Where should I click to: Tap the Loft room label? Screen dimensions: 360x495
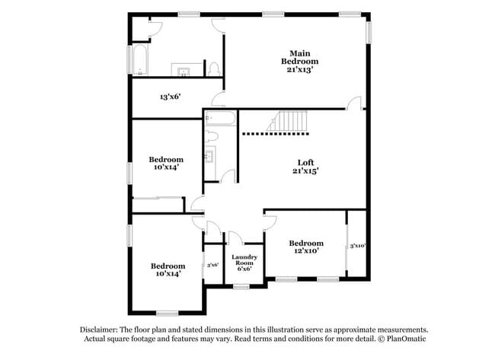click(305, 162)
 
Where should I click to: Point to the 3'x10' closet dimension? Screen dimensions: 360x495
click(358, 246)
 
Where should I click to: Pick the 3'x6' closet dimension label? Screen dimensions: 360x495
click(213, 265)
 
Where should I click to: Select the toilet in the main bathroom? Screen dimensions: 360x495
click(214, 68)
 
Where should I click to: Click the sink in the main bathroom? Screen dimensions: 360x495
click(184, 72)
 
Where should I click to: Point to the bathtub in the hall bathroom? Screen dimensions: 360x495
click(220, 118)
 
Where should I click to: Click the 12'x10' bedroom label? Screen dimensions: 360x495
click(306, 244)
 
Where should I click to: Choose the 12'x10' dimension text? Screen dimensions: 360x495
click(306, 250)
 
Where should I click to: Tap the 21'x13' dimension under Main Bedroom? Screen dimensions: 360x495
click(299, 68)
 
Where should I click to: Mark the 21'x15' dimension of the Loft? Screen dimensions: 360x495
click(305, 171)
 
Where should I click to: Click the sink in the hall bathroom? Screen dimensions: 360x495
click(210, 158)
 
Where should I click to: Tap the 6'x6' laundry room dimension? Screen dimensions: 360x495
click(245, 269)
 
